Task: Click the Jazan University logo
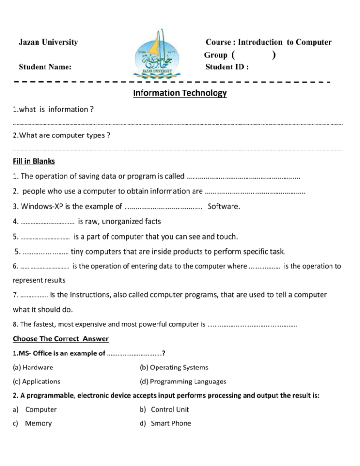155,54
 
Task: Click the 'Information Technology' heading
180,93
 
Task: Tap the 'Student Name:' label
45,67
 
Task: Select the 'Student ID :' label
227,67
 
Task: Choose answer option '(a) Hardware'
33,367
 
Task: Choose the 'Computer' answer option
41,409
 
